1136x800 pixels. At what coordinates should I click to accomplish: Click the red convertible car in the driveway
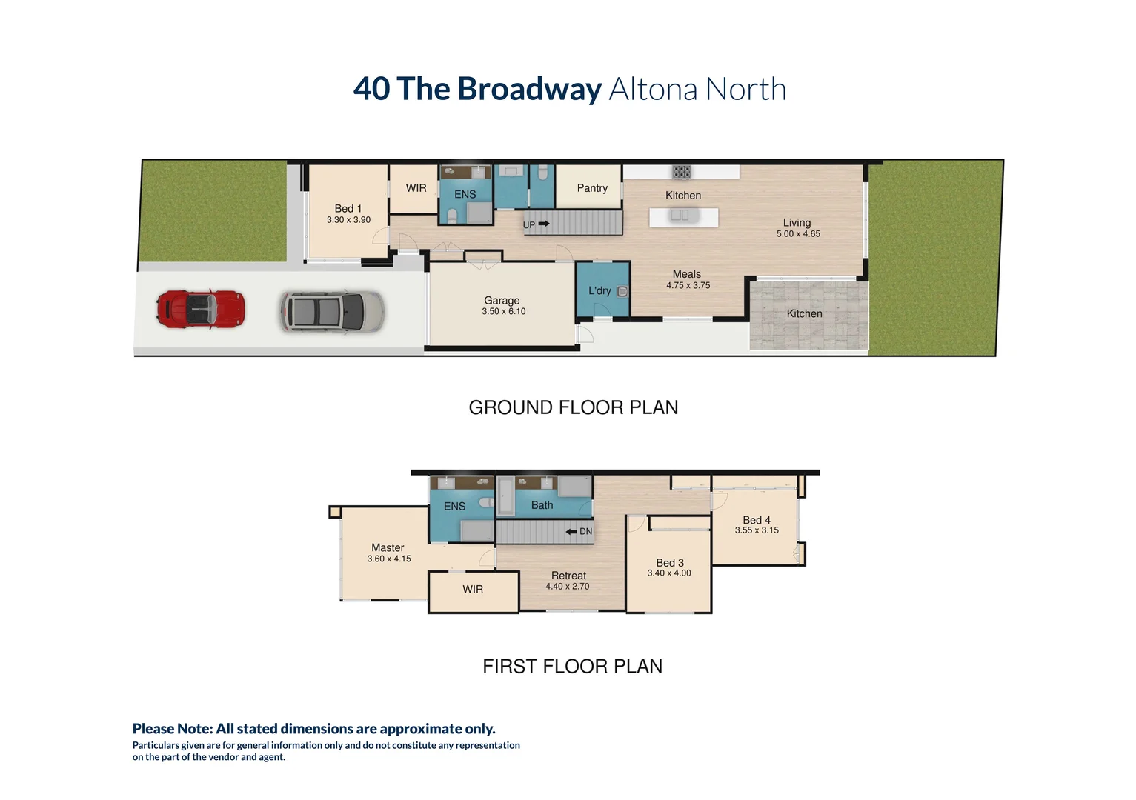200,309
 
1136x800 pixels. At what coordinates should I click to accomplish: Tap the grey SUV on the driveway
332,311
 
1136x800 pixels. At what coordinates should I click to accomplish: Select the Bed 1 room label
348,209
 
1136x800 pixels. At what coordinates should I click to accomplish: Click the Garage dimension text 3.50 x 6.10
504,312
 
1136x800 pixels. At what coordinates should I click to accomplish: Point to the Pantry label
592,188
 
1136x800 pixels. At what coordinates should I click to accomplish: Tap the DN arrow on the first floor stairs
571,532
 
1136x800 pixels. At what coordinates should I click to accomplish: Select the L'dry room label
599,291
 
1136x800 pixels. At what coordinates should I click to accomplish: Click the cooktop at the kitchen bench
682,172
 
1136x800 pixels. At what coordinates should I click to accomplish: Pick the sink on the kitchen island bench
680,216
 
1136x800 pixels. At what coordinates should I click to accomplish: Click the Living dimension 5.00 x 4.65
798,234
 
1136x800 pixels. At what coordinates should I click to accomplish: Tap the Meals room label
687,274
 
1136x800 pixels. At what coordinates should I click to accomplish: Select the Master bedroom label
388,547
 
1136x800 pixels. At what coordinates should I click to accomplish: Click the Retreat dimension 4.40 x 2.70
568,587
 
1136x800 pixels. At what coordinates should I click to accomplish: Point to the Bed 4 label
757,520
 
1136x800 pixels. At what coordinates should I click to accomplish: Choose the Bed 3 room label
670,563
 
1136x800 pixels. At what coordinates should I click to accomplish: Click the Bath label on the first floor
542,505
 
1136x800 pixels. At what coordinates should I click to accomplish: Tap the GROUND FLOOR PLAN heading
573,407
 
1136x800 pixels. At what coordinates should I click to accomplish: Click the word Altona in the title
653,90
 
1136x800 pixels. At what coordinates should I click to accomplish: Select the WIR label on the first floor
473,590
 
